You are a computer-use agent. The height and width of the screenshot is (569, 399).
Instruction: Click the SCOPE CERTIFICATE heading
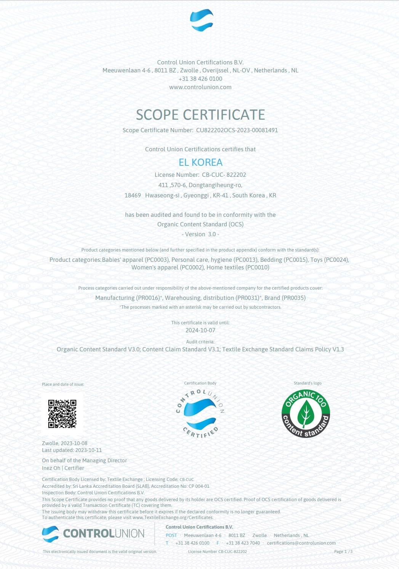[x=200, y=115]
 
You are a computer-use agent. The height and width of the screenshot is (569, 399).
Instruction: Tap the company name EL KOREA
[x=200, y=162]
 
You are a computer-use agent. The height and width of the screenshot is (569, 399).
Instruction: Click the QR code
[x=62, y=414]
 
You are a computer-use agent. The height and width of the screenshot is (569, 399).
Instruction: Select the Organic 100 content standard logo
[x=306, y=414]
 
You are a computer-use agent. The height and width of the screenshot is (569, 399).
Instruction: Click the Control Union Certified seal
[x=200, y=414]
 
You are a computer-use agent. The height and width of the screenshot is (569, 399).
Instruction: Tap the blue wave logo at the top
[x=202, y=20]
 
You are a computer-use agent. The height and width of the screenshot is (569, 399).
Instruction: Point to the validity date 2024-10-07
[x=200, y=330]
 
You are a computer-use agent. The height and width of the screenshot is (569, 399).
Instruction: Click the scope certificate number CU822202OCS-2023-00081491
[x=237, y=130]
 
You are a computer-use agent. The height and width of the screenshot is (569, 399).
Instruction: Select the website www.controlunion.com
[x=200, y=87]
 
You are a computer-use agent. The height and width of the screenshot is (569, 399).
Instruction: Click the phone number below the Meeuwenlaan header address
[x=200, y=79]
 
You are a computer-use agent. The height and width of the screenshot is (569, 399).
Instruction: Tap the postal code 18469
[x=133, y=196]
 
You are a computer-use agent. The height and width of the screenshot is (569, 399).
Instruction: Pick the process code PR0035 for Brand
[x=293, y=298]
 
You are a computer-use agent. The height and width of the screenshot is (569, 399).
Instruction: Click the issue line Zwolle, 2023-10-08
[x=65, y=443]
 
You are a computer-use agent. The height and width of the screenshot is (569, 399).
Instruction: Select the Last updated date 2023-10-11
[x=88, y=450]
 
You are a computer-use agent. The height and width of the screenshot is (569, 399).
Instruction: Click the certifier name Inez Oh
[x=51, y=468]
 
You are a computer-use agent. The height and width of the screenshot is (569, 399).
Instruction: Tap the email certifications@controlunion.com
[x=301, y=543]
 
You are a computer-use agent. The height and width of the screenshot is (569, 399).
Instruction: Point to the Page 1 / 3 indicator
[x=343, y=551]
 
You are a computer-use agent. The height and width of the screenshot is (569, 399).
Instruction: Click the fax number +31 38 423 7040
[x=243, y=543]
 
